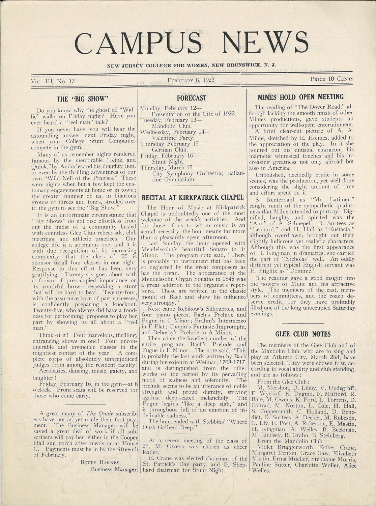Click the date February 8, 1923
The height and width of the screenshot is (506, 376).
pyautogui.click(x=191, y=80)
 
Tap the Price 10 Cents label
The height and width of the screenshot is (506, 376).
pyautogui.click(x=332, y=79)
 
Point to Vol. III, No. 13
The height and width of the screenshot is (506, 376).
pyautogui.click(x=53, y=81)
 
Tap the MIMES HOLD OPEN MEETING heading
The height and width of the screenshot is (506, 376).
pyautogui.click(x=300, y=97)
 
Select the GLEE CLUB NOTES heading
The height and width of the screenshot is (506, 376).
pyautogui.click(x=303, y=334)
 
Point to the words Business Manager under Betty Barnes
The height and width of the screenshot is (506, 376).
pyautogui.click(x=114, y=469)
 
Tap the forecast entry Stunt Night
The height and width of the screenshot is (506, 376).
pyautogui.click(x=168, y=162)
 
